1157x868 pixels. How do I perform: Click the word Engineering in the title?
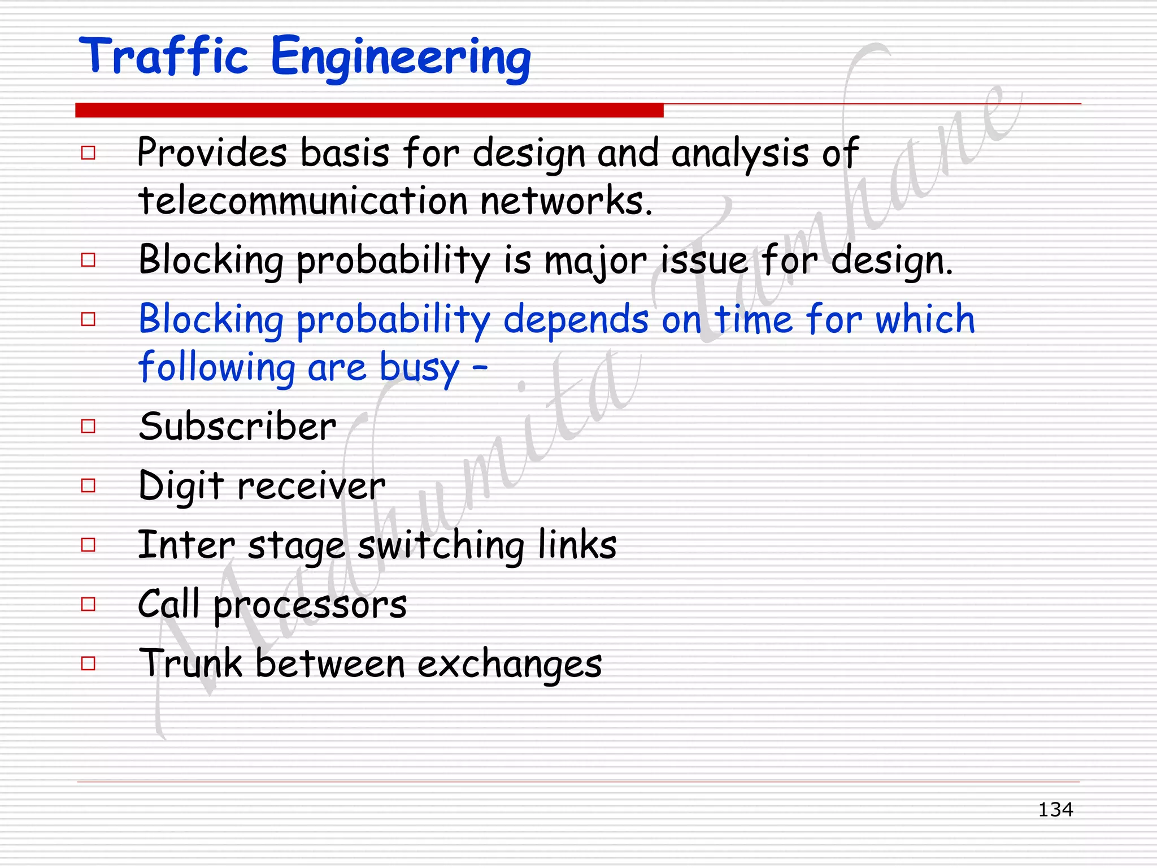click(401, 58)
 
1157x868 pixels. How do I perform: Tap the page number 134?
click(1055, 810)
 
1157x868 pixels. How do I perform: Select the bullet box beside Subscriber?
click(88, 426)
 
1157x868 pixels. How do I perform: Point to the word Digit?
click(181, 486)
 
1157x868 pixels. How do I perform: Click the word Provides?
click(212, 153)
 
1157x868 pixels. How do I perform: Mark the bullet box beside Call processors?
click(88, 604)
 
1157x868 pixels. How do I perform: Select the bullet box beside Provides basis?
click(88, 153)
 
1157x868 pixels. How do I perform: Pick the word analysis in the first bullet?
click(740, 154)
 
